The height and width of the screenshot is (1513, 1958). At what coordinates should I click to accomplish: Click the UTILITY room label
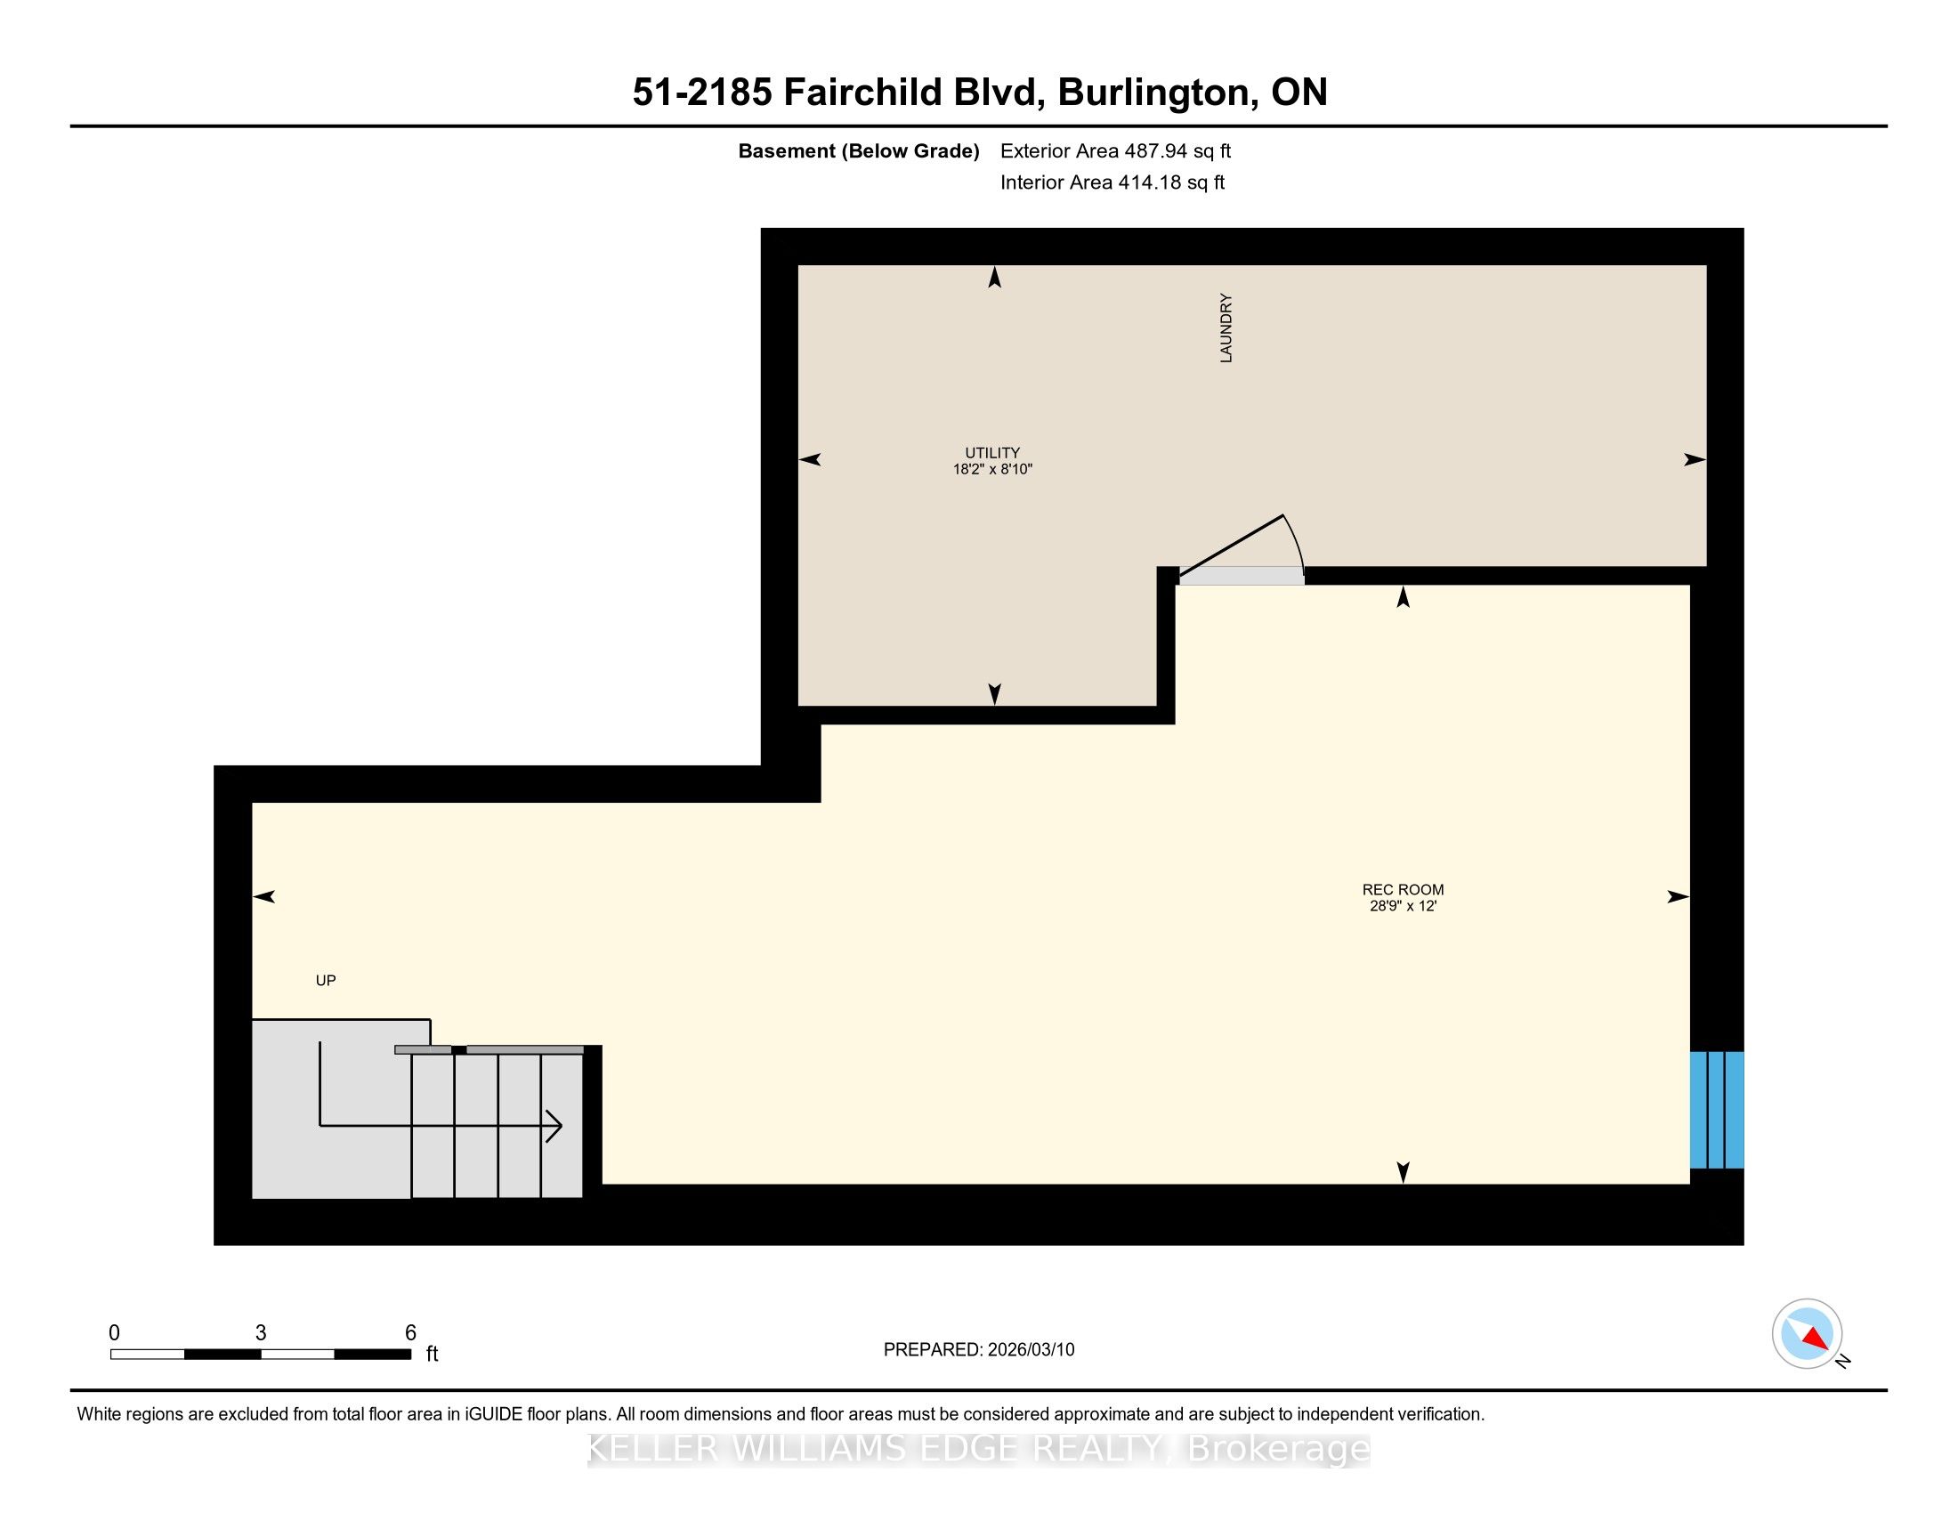point(991,453)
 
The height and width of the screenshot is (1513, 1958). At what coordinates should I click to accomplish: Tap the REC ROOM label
point(1403,890)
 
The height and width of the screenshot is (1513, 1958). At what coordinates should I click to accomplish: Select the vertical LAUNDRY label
point(1226,328)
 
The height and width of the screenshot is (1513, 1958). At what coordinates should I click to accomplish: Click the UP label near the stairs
point(326,981)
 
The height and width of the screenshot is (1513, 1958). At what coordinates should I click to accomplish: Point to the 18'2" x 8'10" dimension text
point(992,469)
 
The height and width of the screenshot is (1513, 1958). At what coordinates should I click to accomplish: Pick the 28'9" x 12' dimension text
point(1403,906)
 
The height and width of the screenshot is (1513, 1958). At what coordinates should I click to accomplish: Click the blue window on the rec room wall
point(1717,1110)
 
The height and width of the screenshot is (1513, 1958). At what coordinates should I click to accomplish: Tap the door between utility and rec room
point(1241,576)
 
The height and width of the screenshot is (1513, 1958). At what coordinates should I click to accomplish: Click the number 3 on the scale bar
point(261,1333)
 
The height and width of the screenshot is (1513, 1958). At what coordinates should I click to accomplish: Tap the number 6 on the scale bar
point(410,1333)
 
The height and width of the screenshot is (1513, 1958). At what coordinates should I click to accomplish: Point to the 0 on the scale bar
point(114,1333)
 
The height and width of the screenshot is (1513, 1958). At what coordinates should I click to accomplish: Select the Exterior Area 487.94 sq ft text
point(1116,151)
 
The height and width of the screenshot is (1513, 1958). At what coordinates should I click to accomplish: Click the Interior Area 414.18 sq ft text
point(1112,182)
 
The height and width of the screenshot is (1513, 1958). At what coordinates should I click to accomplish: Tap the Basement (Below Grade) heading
point(859,151)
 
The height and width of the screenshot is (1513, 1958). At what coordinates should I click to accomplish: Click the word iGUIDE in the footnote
point(493,1414)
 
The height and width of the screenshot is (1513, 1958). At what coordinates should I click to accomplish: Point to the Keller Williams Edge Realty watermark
point(979,1449)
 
